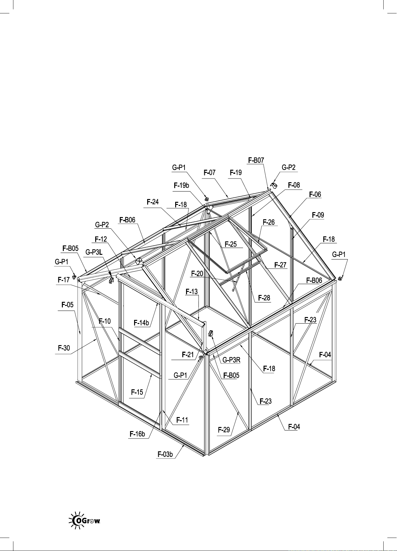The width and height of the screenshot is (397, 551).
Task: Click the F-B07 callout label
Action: (x=256, y=160)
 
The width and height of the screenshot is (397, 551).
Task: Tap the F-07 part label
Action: (x=209, y=173)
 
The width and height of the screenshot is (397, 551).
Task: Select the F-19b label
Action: (x=181, y=186)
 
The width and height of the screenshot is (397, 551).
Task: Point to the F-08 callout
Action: (x=294, y=185)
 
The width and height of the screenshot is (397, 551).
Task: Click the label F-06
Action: (x=315, y=195)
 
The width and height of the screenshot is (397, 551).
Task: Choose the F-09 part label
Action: (x=318, y=215)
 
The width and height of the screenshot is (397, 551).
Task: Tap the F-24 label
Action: (x=153, y=202)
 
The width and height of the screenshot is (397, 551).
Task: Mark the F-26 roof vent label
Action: (x=269, y=222)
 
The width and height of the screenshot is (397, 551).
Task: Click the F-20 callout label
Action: (x=197, y=274)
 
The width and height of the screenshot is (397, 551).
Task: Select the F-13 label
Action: (x=192, y=292)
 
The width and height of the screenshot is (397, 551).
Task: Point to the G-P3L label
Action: (x=94, y=252)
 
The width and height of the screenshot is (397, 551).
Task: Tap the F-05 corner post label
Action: (x=68, y=305)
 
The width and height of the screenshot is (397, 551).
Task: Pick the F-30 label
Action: (x=64, y=348)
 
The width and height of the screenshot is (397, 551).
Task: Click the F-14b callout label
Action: (x=141, y=323)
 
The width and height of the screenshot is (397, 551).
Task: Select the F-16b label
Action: (x=137, y=434)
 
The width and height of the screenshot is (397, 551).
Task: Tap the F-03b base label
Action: (x=165, y=454)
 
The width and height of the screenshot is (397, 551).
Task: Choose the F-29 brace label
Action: (x=224, y=430)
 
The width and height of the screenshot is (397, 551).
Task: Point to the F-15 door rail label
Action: (x=137, y=392)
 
